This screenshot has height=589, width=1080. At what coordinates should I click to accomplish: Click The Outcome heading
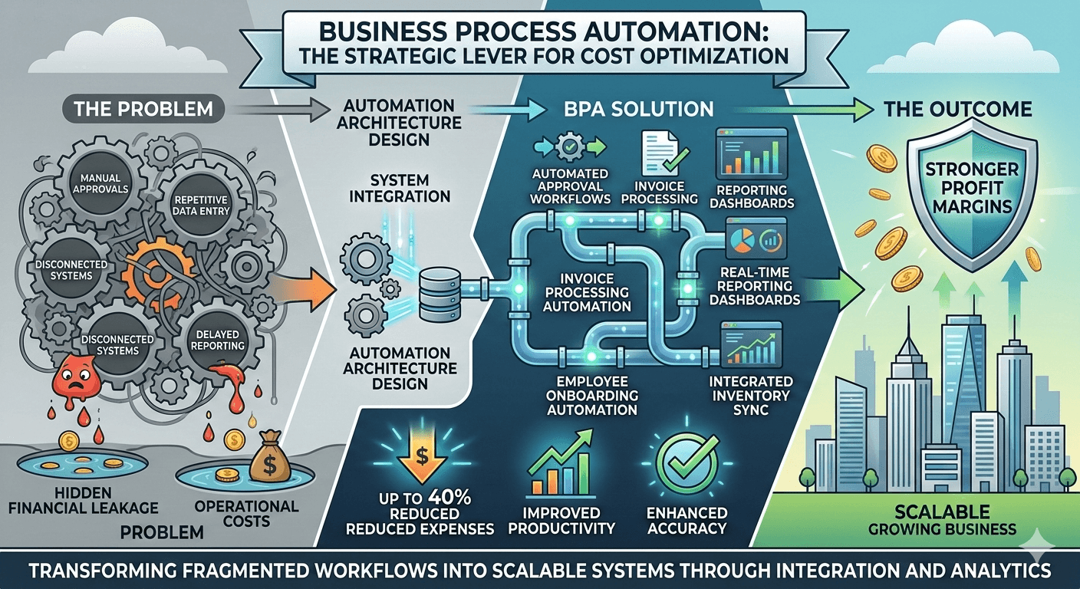[x=958, y=109]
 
